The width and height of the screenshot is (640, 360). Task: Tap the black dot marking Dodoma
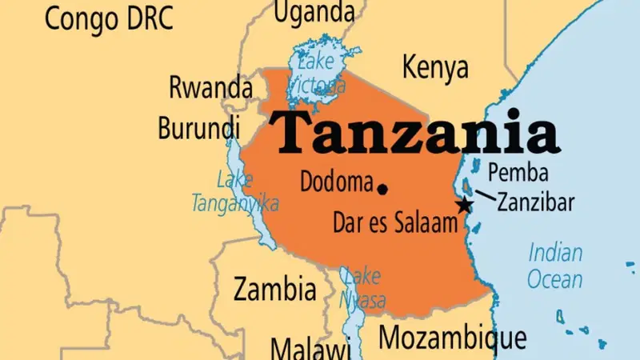(382, 189)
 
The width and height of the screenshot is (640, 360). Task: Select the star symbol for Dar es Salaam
(463, 205)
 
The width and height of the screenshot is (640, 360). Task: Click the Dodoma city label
(336, 182)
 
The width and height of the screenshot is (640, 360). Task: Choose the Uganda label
(314, 12)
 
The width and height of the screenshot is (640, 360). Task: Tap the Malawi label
(310, 349)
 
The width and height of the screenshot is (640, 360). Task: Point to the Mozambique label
(453, 336)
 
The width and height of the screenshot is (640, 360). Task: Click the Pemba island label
(518, 172)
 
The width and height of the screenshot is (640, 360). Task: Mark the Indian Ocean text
(555, 266)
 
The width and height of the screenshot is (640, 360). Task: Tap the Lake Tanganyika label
(234, 192)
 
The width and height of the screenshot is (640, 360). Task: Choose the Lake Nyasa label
(364, 289)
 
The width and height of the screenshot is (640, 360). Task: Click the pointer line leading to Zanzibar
(485, 194)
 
